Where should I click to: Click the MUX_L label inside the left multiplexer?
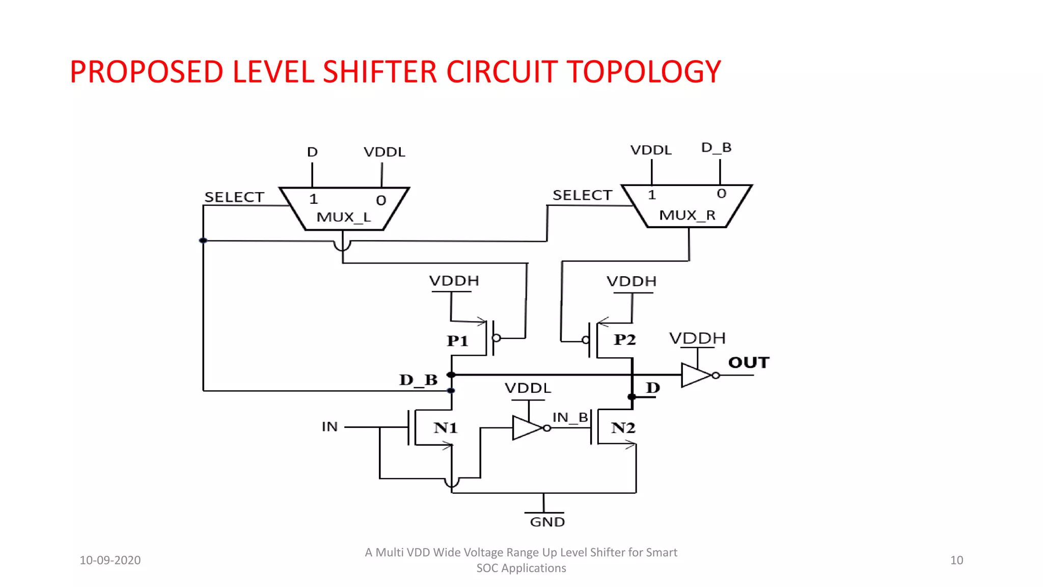[343, 217]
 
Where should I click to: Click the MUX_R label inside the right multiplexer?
[687, 215]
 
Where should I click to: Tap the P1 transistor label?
[457, 341]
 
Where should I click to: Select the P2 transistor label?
[625, 339]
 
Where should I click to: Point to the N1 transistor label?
[446, 428]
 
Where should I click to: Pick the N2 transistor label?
[623, 428]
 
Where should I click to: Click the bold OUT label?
[748, 362]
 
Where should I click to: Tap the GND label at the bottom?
[547, 522]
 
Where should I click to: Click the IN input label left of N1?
[330, 426]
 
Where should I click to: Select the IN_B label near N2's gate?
[570, 418]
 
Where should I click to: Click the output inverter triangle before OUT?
[696, 376]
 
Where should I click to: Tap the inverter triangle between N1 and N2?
[527, 428]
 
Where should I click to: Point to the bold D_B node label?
[418, 380]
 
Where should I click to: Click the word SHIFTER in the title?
[380, 72]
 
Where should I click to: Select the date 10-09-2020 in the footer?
[110, 561]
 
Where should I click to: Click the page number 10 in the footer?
[956, 561]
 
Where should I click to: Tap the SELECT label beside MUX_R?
[582, 195]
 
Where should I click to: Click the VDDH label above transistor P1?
[454, 281]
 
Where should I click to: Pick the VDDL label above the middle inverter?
[528, 388]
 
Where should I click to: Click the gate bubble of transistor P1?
[497, 338]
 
